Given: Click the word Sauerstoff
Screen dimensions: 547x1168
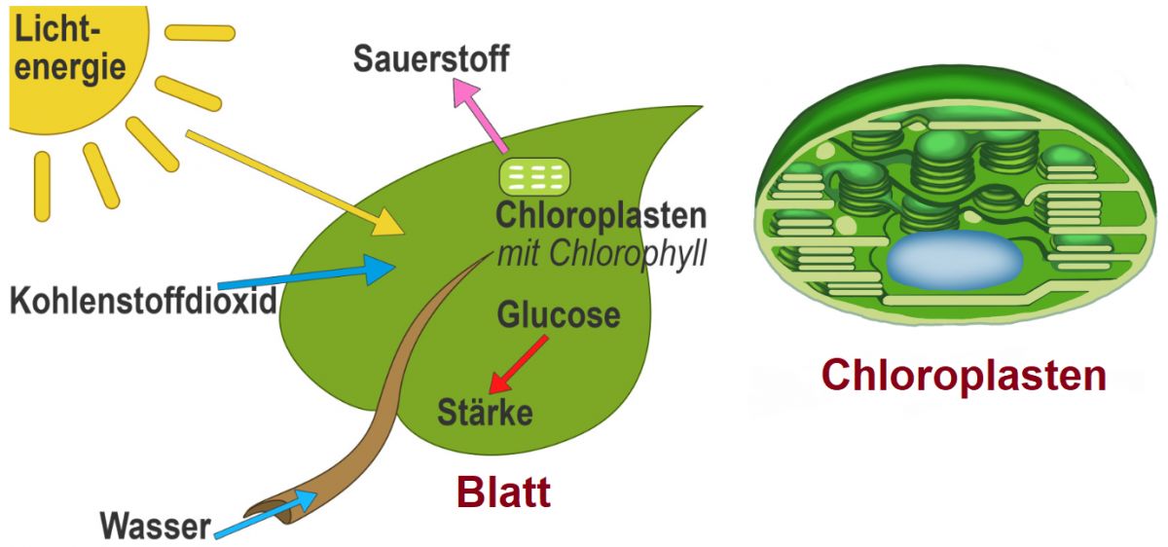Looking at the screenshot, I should click(x=431, y=59).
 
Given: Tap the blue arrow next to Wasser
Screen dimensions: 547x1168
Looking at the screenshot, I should click(x=268, y=513).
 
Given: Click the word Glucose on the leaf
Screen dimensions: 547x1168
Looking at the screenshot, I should click(x=558, y=315).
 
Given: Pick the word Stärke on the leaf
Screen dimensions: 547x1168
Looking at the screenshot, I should click(x=486, y=412).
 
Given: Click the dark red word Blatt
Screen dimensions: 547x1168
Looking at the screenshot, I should click(x=504, y=492).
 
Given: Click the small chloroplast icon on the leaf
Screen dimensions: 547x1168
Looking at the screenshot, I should click(x=534, y=176).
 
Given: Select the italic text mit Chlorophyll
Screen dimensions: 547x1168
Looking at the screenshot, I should click(x=601, y=254).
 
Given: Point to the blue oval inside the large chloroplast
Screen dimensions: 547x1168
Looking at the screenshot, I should click(x=954, y=260).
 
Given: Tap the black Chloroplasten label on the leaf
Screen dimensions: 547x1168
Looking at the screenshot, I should click(x=601, y=216).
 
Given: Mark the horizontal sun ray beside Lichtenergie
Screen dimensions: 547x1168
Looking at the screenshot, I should click(x=200, y=32).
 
